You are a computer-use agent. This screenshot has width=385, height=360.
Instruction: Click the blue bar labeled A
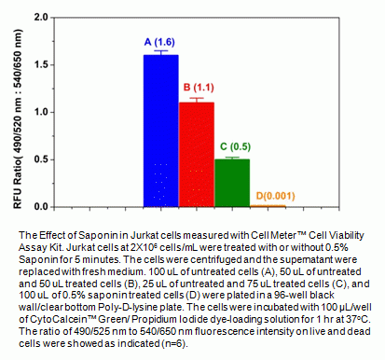(x=160, y=131)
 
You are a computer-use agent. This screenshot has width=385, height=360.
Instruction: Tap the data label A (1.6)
(x=159, y=42)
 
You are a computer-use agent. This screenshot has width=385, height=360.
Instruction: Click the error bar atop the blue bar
(x=160, y=53)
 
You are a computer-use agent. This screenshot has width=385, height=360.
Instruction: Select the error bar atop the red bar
(x=196, y=99)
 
